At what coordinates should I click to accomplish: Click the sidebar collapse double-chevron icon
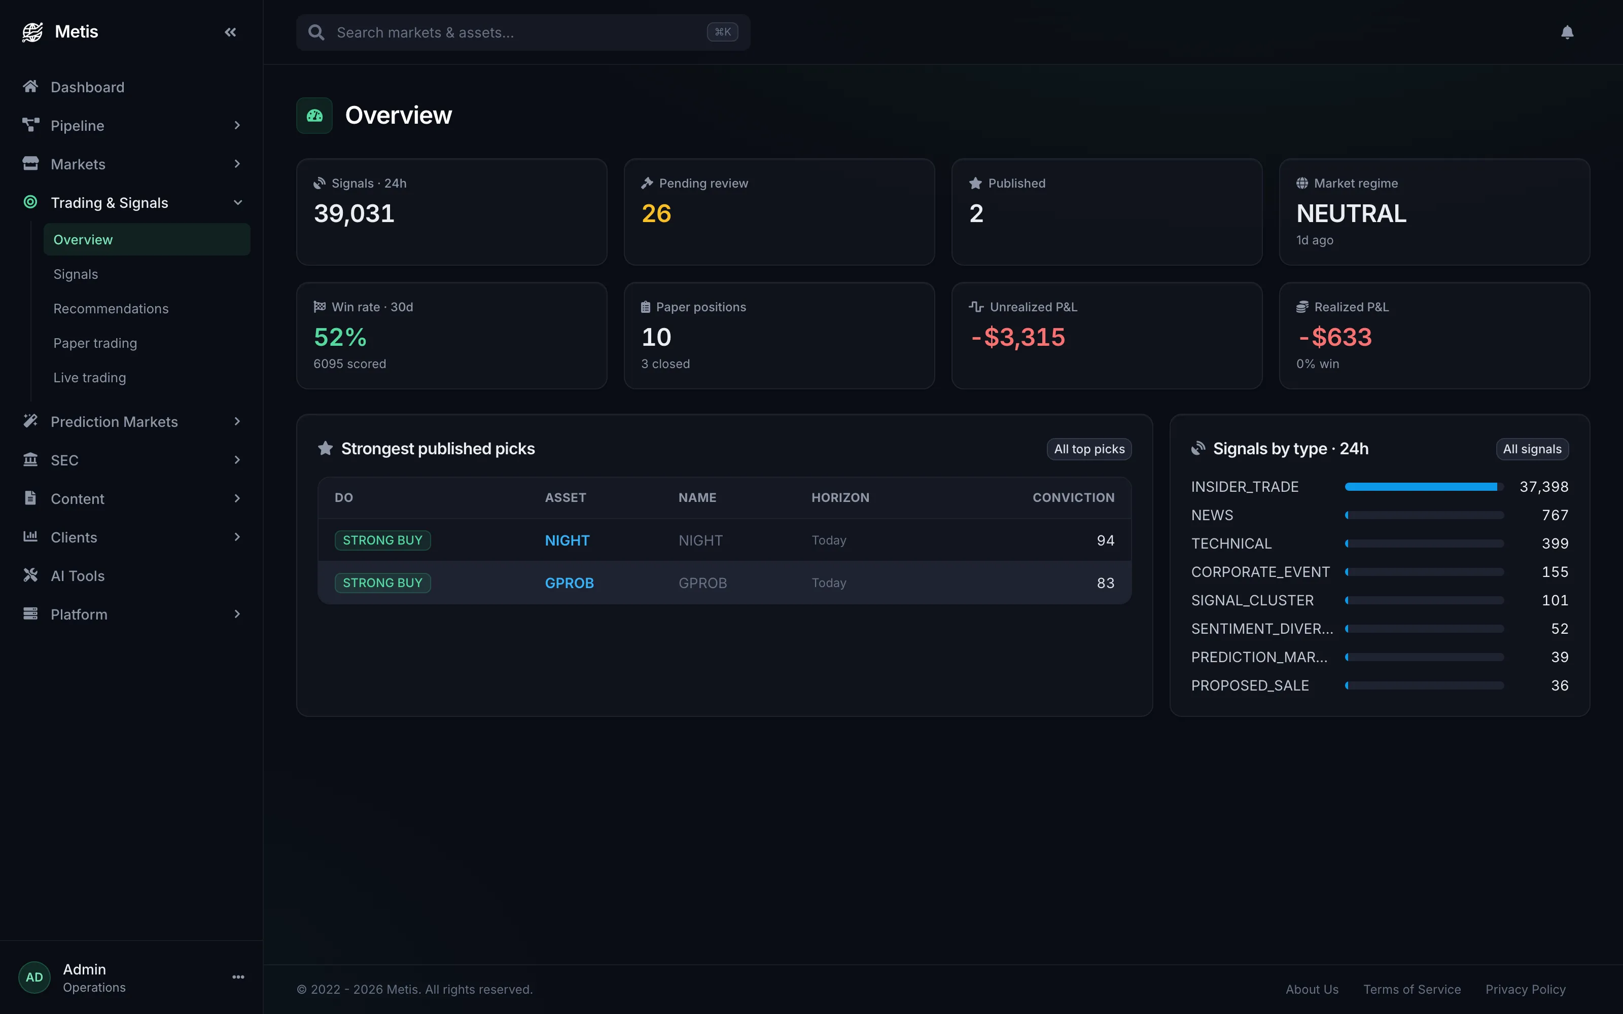point(230,32)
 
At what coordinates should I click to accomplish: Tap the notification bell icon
point(1567,32)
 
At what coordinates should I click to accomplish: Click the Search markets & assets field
point(523,32)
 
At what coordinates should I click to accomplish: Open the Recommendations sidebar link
point(111,308)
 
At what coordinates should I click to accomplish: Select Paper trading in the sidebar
point(95,343)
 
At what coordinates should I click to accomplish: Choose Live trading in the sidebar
point(90,378)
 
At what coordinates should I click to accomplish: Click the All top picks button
point(1089,449)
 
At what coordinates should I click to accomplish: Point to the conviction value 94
point(1105,540)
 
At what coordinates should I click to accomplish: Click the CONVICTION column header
point(1073,497)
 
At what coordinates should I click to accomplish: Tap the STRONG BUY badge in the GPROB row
point(383,583)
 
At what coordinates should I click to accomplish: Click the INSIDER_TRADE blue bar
point(1421,487)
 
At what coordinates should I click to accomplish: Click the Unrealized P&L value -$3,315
point(1018,337)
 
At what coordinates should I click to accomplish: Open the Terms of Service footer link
point(1412,989)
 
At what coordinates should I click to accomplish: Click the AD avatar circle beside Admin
point(34,977)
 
